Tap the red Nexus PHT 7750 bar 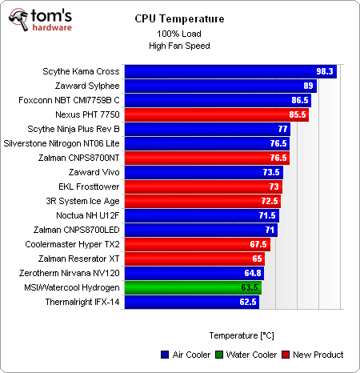(x=216, y=114)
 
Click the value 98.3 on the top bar (x=325, y=71)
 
